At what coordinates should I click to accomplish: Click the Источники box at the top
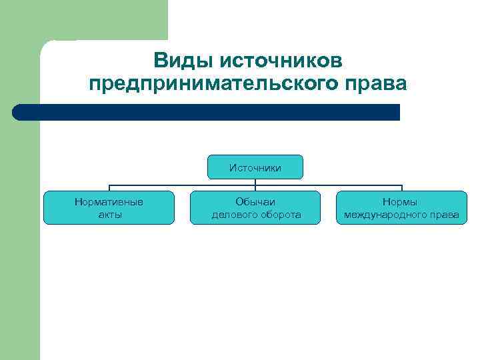(x=255, y=167)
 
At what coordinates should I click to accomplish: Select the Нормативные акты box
(x=109, y=207)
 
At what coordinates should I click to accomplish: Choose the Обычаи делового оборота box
(x=255, y=207)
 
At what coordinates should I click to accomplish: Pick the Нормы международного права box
(x=401, y=207)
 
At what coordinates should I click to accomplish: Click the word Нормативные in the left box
(x=109, y=201)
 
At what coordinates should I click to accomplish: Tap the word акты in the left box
(x=109, y=215)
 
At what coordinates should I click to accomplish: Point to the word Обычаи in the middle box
(x=255, y=201)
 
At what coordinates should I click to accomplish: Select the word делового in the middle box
(x=234, y=215)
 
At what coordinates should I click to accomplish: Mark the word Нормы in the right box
(x=401, y=201)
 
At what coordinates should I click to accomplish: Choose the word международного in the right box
(x=387, y=215)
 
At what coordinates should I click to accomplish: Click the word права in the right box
(x=445, y=215)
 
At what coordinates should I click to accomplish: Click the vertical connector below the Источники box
(x=255, y=182)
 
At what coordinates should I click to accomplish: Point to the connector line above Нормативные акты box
(x=109, y=187)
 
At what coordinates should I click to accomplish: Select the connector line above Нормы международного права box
(x=402, y=187)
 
